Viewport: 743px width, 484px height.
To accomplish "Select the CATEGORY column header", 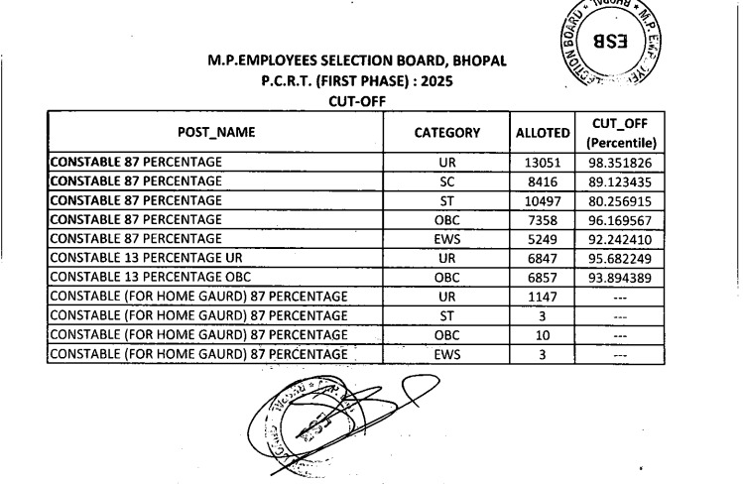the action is click(x=446, y=132).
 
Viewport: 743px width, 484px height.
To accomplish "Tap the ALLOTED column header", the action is click(x=544, y=133).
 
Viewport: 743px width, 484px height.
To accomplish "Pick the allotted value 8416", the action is click(x=544, y=181).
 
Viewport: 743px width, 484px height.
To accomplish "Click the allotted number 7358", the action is click(x=544, y=219).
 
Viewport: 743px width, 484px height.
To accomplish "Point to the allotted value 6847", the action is click(x=544, y=257).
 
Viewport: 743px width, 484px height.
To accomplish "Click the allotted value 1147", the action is click(x=544, y=296).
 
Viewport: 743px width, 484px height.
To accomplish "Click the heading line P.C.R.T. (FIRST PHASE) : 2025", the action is click(x=357, y=80).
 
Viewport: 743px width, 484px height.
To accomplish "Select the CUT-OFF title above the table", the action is click(x=356, y=100).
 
